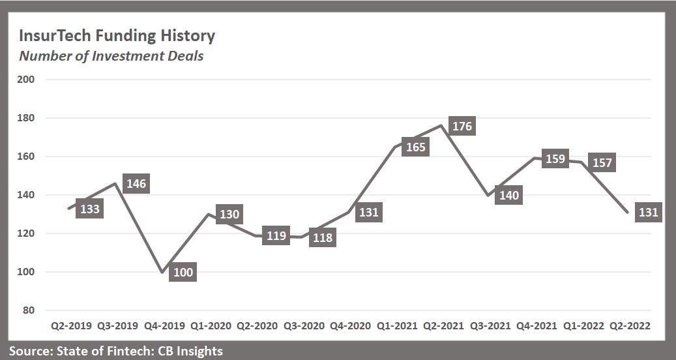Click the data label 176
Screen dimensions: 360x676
(x=462, y=126)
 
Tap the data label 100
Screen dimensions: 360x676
(x=183, y=272)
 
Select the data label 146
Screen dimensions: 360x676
(x=136, y=184)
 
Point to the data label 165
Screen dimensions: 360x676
(x=415, y=147)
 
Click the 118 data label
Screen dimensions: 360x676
(x=322, y=238)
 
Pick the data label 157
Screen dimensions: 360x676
(x=602, y=162)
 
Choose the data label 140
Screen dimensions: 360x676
(x=508, y=195)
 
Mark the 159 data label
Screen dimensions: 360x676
(x=555, y=158)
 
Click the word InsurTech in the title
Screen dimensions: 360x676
(x=56, y=35)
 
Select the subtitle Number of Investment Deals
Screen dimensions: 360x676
(x=111, y=56)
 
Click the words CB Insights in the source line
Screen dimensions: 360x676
(x=188, y=351)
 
